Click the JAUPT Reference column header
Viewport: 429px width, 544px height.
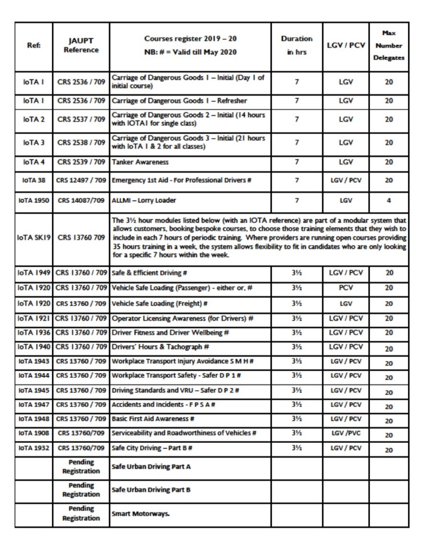(81, 46)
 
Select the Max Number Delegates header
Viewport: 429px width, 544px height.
(388, 46)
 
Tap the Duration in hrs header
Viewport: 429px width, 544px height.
(297, 45)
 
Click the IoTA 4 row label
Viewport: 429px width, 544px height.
(34, 162)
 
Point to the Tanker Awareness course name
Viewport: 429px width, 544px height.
(140, 162)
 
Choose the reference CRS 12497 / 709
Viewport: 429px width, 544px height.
(81, 181)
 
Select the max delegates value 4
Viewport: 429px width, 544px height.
(388, 199)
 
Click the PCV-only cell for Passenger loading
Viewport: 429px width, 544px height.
(345, 288)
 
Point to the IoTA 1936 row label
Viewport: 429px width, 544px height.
(34, 332)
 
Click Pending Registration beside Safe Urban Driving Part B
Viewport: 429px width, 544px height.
(81, 490)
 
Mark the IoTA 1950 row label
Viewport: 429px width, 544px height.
(34, 199)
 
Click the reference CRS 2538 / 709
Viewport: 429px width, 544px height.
(81, 142)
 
